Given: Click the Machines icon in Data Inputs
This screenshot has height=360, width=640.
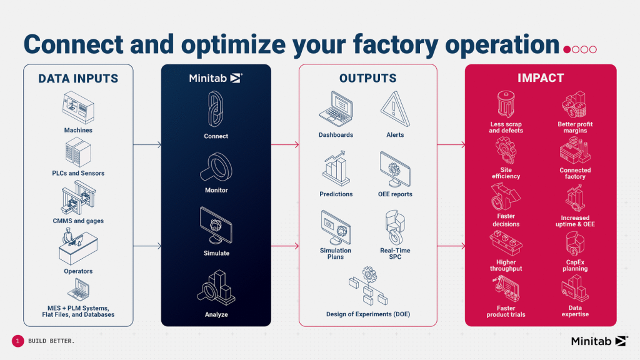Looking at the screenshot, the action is click(78, 107).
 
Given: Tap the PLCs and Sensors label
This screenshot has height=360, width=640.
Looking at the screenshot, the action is click(78, 173).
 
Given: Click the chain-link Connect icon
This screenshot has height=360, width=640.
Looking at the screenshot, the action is click(216, 109).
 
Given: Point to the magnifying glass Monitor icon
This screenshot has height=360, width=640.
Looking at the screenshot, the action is click(216, 167).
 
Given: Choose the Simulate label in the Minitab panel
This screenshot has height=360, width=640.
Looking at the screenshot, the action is click(216, 253).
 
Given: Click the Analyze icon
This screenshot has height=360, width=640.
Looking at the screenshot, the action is click(216, 287).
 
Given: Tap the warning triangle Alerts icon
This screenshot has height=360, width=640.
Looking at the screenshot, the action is click(395, 109).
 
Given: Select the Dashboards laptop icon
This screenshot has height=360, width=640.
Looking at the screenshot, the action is click(336, 109).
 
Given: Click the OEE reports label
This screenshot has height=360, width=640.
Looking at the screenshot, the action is click(395, 194).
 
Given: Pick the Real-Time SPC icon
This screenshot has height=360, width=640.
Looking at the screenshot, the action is click(395, 227).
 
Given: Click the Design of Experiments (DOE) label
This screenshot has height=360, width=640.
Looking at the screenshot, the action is click(368, 314).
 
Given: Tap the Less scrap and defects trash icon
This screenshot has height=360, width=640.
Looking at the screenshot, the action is click(506, 104).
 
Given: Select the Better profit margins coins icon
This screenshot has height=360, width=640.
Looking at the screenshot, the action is click(575, 104).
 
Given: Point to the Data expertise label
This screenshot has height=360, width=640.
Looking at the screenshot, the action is click(575, 311).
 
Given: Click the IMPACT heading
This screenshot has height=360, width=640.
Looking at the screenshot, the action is click(541, 78).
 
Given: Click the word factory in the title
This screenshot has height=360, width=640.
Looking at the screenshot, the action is click(396, 45).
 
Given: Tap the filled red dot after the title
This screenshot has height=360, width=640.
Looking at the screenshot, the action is click(567, 49).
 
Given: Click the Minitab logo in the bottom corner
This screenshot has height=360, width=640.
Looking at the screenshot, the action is click(599, 341).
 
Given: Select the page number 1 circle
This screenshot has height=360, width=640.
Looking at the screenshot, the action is click(17, 341).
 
